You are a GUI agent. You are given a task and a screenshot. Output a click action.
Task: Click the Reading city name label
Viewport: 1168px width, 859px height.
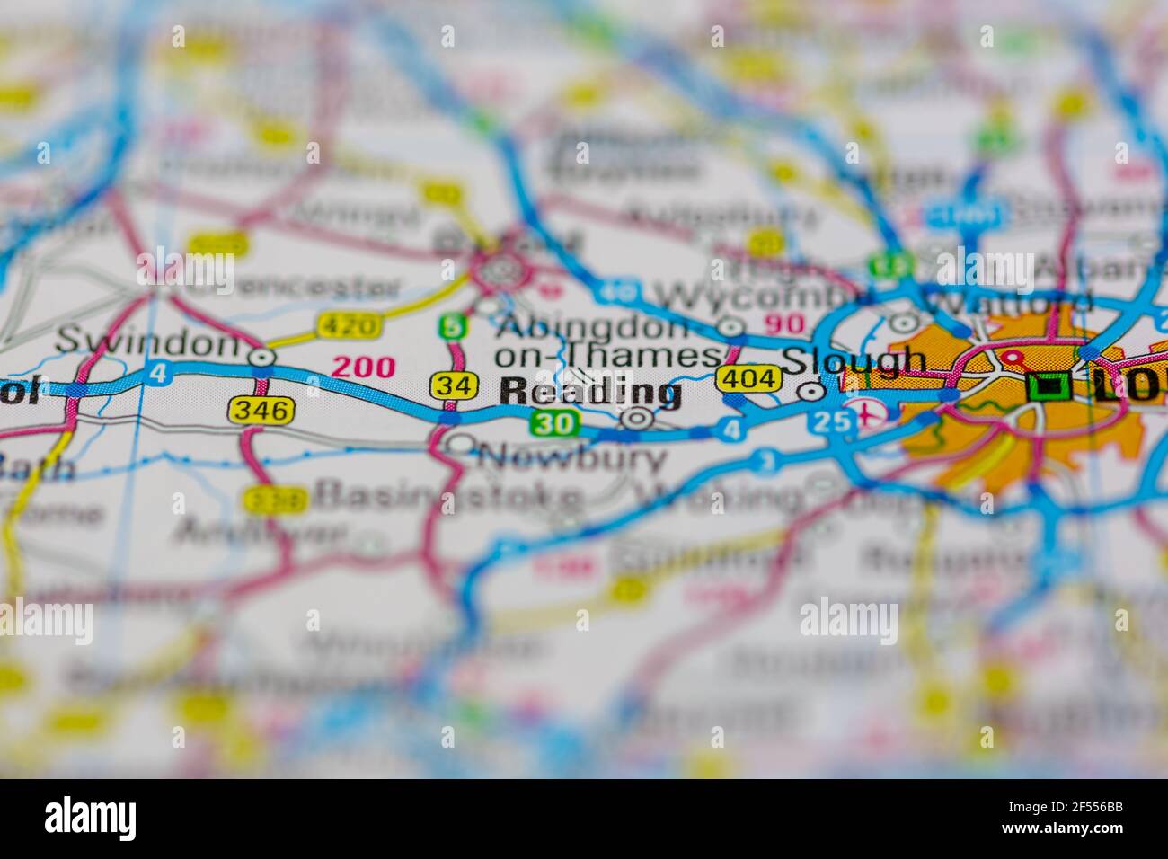(x=589, y=391)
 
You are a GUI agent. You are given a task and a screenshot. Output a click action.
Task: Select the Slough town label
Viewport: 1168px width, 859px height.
(x=853, y=360)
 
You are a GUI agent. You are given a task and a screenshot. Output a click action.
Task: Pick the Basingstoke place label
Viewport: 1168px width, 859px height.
(x=449, y=495)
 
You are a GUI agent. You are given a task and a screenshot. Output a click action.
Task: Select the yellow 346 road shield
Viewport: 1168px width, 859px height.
(x=261, y=411)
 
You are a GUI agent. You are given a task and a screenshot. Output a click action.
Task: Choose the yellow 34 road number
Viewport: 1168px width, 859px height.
(x=452, y=385)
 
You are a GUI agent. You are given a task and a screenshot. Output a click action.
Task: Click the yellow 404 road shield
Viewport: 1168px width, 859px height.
(x=748, y=379)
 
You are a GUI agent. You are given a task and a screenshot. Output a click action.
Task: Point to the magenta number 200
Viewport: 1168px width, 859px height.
(x=363, y=367)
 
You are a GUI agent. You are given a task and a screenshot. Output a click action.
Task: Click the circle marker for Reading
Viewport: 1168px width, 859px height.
(x=638, y=418)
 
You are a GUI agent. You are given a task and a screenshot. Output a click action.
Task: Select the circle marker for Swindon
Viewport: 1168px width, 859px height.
(x=262, y=358)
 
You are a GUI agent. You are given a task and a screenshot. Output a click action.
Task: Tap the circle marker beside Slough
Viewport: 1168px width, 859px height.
(x=811, y=391)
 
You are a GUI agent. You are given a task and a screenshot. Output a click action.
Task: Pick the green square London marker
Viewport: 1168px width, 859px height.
(x=1047, y=387)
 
